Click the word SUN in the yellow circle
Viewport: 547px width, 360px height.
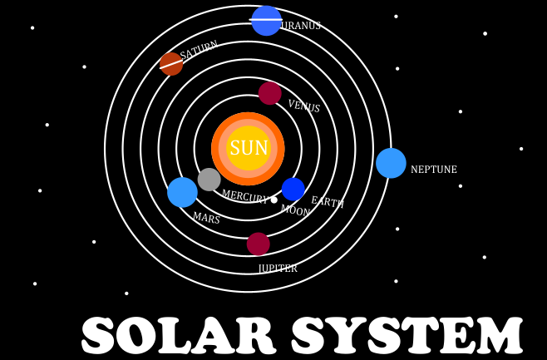pyautogui.click(x=249, y=147)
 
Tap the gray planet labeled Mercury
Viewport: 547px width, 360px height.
pyautogui.click(x=209, y=180)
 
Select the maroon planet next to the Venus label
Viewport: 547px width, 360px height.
pyautogui.click(x=269, y=93)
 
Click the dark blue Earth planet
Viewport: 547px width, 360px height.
pyautogui.click(x=293, y=189)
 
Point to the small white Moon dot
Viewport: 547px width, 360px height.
pyautogui.click(x=274, y=200)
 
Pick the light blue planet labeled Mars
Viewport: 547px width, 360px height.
pyautogui.click(x=182, y=192)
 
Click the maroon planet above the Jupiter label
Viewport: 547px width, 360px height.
pyautogui.click(x=259, y=244)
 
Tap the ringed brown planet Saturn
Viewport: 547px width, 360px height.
pyautogui.click(x=171, y=64)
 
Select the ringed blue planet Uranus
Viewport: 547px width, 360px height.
pyautogui.click(x=266, y=21)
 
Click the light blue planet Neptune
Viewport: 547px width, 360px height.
pyautogui.click(x=391, y=163)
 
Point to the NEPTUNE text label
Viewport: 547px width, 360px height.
pyautogui.click(x=434, y=170)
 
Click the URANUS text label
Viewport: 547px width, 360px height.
pyautogui.click(x=301, y=26)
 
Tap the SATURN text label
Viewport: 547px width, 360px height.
pyautogui.click(x=199, y=50)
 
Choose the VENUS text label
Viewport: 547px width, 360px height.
pyautogui.click(x=304, y=106)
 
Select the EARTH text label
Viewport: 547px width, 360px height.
pyautogui.click(x=328, y=202)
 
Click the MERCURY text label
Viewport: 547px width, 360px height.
pyautogui.click(x=245, y=197)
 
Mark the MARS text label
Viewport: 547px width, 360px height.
pyautogui.click(x=206, y=218)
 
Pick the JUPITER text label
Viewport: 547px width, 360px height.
pyautogui.click(x=278, y=269)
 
